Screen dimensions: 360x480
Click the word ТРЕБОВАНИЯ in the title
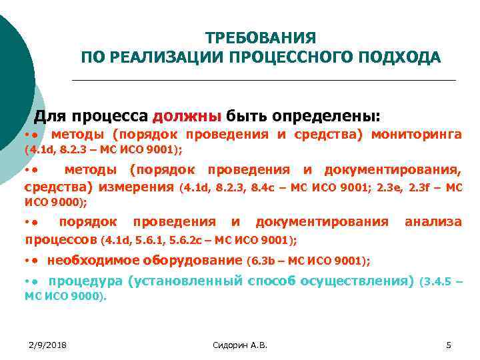261,37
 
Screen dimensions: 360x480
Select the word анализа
433,221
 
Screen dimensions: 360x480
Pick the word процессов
61,238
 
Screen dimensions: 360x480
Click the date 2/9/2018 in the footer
51,344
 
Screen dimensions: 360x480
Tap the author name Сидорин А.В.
239,344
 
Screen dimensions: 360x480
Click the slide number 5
449,344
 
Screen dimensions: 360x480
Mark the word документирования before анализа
322,221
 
